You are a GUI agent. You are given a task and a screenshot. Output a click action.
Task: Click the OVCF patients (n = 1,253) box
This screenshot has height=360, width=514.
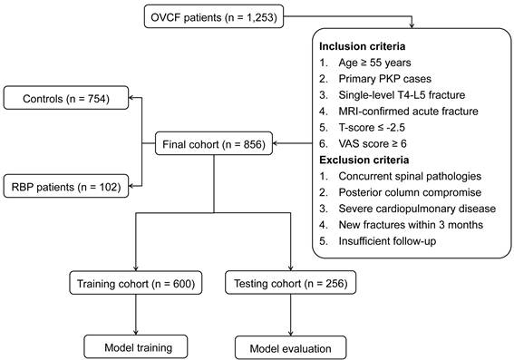pyautogui.click(x=214, y=16)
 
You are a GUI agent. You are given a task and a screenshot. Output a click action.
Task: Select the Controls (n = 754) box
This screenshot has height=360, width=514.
pyautogui.click(x=66, y=98)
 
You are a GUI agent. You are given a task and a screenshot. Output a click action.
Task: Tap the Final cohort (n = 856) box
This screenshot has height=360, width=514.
pyautogui.click(x=214, y=143)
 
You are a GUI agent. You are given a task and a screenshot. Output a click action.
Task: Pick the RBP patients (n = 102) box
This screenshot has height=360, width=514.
pyautogui.click(x=66, y=186)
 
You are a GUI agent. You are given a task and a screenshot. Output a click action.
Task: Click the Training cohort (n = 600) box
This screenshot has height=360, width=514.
pyautogui.click(x=136, y=283)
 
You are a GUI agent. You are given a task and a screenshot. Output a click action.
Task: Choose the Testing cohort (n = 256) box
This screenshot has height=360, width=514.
pyautogui.click(x=290, y=283)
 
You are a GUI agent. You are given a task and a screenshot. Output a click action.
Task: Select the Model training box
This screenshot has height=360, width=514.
pyautogui.click(x=136, y=347)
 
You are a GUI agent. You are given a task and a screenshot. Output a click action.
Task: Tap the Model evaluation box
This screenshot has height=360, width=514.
pyautogui.click(x=290, y=347)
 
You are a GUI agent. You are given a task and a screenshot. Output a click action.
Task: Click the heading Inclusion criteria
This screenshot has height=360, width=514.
pyautogui.click(x=363, y=46)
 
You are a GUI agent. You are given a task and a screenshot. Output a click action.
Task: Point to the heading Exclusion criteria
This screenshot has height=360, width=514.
pyautogui.click(x=364, y=160)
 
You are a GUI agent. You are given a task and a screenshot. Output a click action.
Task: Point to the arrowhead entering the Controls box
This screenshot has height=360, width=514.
pyautogui.click(x=131, y=97)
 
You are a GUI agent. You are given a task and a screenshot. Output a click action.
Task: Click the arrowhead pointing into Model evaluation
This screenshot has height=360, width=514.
pyautogui.click(x=290, y=334)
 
